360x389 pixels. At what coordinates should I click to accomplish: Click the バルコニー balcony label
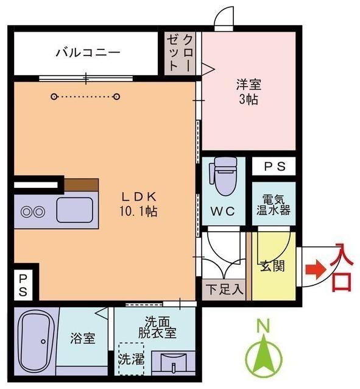[88, 53]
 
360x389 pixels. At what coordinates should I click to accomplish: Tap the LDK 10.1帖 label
[139, 204]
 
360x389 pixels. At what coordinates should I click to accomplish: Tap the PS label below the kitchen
[23, 284]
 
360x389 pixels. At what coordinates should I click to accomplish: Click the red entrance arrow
[312, 269]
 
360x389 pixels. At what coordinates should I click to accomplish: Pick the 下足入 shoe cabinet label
[224, 288]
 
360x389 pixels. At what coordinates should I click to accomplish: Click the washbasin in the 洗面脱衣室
[173, 365]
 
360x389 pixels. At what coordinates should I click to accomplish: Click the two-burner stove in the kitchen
[33, 212]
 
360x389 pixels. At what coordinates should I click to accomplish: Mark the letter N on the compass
[263, 327]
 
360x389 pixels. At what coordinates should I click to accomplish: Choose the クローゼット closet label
[181, 52]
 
